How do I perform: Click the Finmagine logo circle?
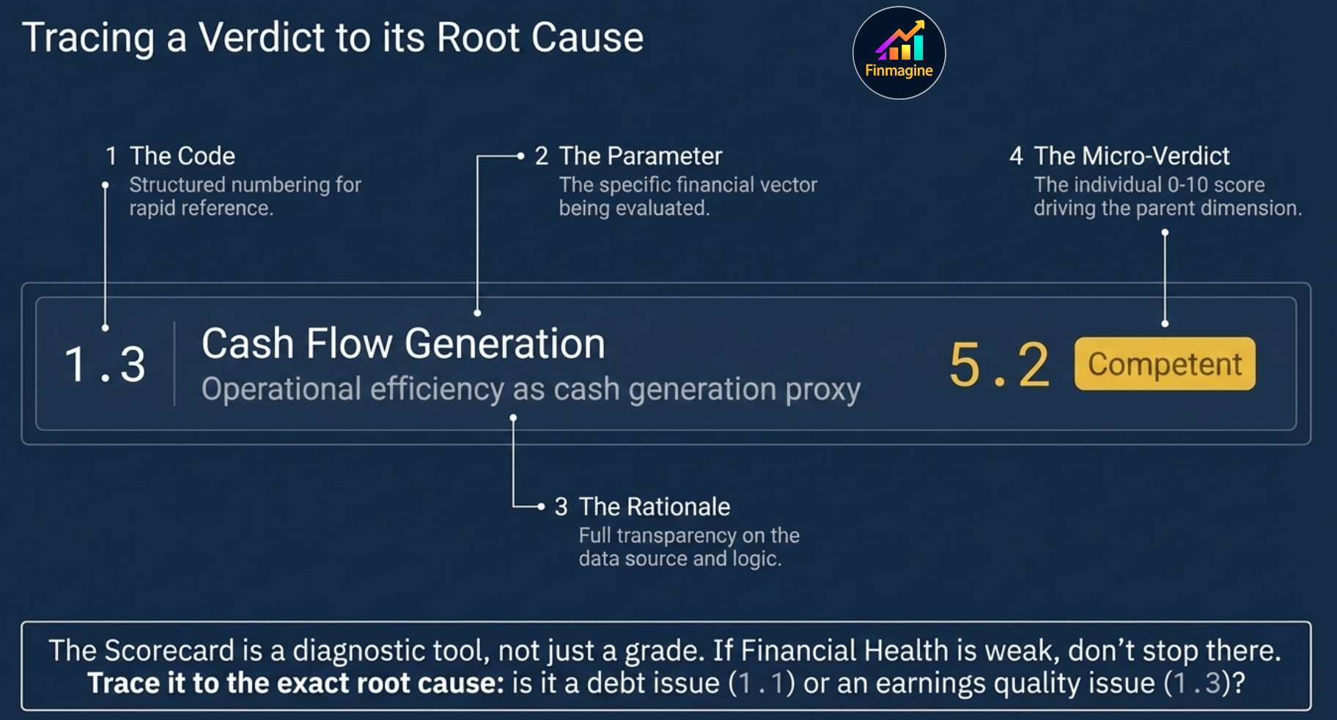pyautogui.click(x=899, y=53)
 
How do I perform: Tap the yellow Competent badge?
pyautogui.click(x=1164, y=364)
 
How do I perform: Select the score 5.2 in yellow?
pyautogui.click(x=998, y=365)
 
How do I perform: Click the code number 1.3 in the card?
pyautogui.click(x=105, y=364)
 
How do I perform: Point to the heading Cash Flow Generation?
pyautogui.click(x=403, y=343)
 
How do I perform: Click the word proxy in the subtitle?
pyautogui.click(x=822, y=389)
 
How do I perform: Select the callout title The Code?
pyautogui.click(x=182, y=156)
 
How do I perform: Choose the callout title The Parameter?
pyautogui.click(x=640, y=156)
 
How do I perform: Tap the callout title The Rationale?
pyautogui.click(x=654, y=507)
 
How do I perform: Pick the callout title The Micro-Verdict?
pyautogui.click(x=1131, y=156)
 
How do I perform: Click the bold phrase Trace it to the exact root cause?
pyautogui.click(x=295, y=683)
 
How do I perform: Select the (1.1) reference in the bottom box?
pyautogui.click(x=762, y=683)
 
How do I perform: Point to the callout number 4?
pyautogui.click(x=1016, y=156)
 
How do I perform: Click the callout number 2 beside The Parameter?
pyautogui.click(x=541, y=156)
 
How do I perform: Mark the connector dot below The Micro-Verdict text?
pyautogui.click(x=1165, y=232)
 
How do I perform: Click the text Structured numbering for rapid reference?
pyautogui.click(x=245, y=196)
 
